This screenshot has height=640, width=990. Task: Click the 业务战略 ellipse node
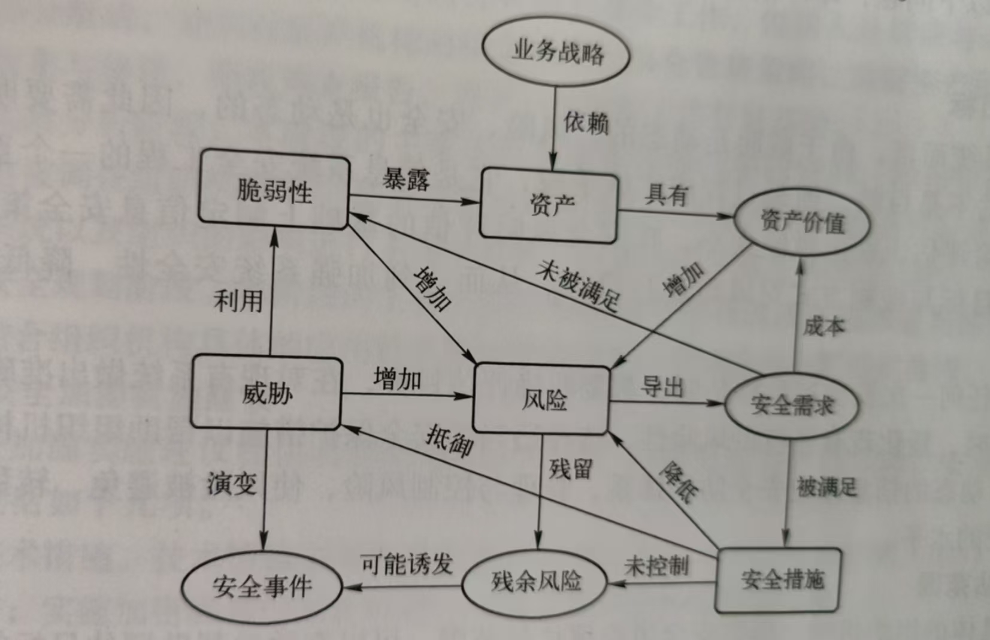[x=556, y=53]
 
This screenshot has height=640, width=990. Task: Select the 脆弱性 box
[x=274, y=191]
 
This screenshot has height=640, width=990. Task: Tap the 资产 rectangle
[x=549, y=206]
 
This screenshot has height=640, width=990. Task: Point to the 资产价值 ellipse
[x=801, y=222]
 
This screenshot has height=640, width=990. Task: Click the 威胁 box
[x=267, y=393]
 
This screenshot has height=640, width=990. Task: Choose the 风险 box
[x=542, y=399]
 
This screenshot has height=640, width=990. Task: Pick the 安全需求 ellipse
[x=791, y=406]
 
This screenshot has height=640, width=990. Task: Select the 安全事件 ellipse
[x=262, y=586]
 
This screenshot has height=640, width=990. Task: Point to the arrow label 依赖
[x=585, y=123]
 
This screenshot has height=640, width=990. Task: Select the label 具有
[x=666, y=195]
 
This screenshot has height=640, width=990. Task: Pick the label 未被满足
[x=577, y=285]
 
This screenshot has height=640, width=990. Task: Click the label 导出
[x=662, y=387]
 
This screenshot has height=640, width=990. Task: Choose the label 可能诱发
[x=407, y=563]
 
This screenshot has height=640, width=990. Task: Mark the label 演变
[x=232, y=483]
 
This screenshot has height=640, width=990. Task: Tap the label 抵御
[x=449, y=442]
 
